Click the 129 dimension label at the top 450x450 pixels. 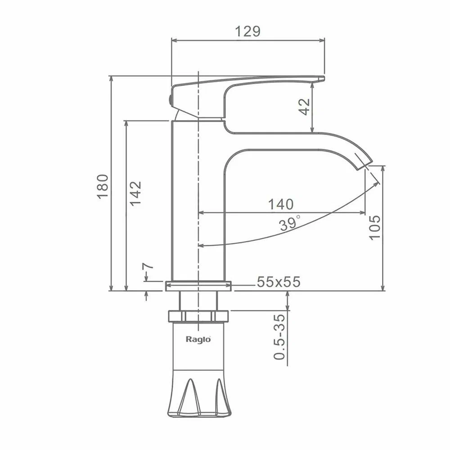coord(248,31)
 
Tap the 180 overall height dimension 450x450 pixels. coord(103,186)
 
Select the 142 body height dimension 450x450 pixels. coord(135,193)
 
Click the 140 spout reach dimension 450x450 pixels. coord(281,204)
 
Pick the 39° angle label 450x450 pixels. coord(290,223)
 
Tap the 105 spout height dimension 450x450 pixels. coord(374,227)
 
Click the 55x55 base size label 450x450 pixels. coord(279,282)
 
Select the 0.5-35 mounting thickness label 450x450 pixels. coord(279,337)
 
